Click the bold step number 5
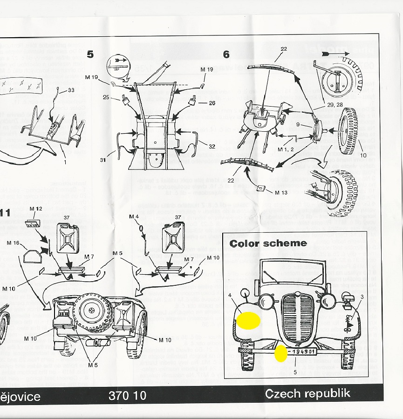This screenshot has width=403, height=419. click(90, 54)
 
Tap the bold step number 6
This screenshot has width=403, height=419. click(226, 54)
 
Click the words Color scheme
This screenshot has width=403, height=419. click(268, 243)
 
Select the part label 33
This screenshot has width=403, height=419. click(71, 90)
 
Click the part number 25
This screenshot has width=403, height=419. click(106, 97)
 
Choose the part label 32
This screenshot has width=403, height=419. click(212, 146)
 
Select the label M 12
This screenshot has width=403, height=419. click(35, 208)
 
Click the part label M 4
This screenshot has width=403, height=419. click(134, 217)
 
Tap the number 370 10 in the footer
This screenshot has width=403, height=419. click(127, 396)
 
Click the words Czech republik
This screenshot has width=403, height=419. click(307, 393)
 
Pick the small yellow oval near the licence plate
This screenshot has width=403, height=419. click(280, 353)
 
